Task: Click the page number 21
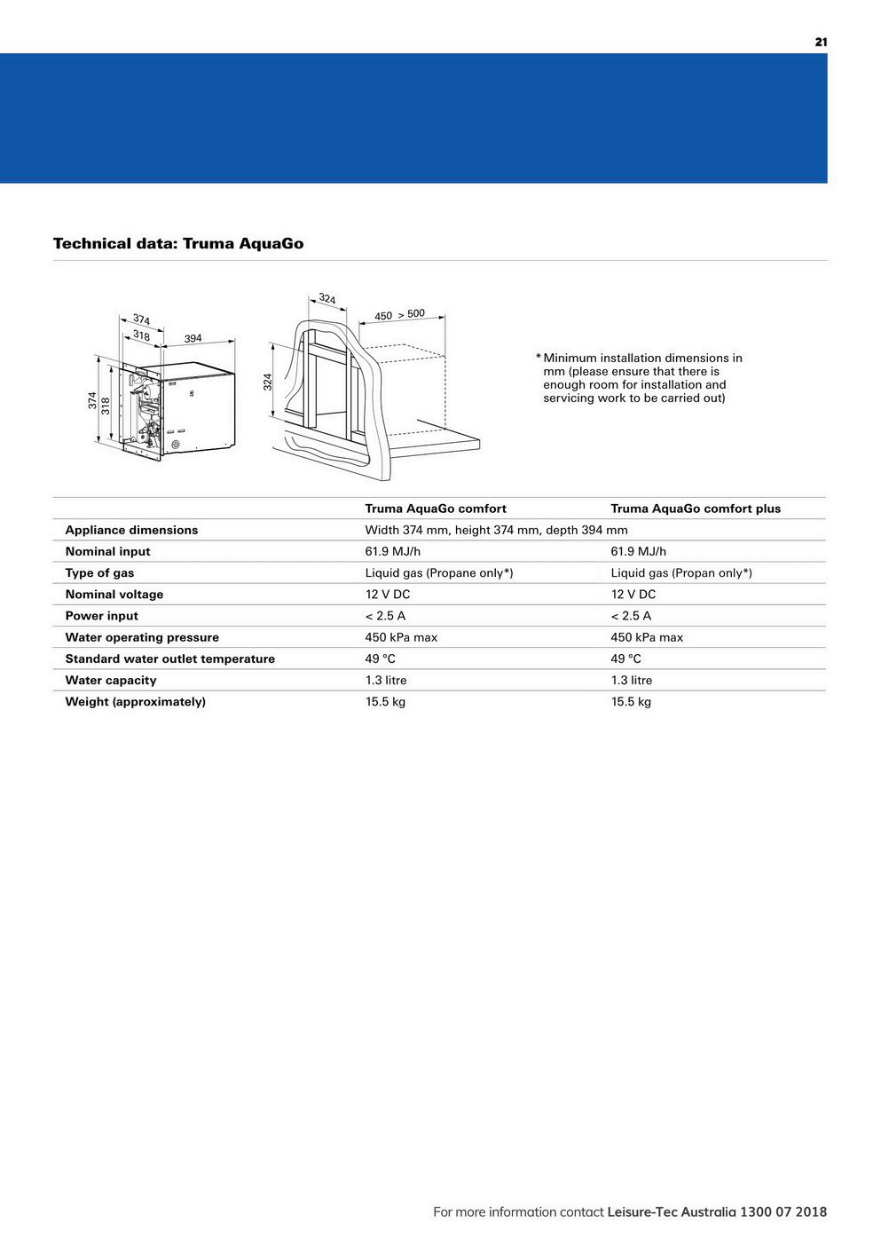(x=821, y=42)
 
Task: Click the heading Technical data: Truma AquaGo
(x=178, y=243)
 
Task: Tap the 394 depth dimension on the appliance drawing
(x=193, y=338)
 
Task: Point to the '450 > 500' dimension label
(x=399, y=315)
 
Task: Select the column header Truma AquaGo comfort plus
(x=696, y=509)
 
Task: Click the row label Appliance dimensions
(x=131, y=530)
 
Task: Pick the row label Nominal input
(x=107, y=551)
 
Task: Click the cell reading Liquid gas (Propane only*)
(x=439, y=572)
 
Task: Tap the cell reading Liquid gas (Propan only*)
(x=681, y=572)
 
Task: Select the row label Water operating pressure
(x=142, y=637)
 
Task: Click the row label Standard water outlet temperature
(x=169, y=658)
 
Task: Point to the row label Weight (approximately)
(x=135, y=701)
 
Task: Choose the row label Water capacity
(x=111, y=680)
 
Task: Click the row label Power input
(x=101, y=616)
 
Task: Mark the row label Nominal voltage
(x=114, y=595)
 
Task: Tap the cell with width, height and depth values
(x=496, y=530)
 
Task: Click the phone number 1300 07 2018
(x=783, y=1211)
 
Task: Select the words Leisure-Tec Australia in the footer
(x=672, y=1211)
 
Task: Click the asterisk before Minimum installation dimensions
(x=538, y=358)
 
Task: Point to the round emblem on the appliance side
(x=176, y=444)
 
